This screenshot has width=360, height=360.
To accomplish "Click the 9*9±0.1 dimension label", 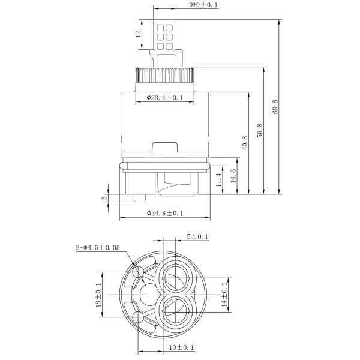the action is tap(203, 5).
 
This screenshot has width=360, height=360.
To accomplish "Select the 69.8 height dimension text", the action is tap(275, 107).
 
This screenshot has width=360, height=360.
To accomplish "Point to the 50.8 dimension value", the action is tap(260, 130).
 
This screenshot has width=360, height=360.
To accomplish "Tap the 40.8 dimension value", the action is tap(245, 143).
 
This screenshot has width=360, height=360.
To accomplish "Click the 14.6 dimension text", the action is tap(233, 176).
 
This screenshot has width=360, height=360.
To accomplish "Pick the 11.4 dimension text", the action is tap(219, 179).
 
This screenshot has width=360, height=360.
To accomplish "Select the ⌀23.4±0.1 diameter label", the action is tap(165, 98).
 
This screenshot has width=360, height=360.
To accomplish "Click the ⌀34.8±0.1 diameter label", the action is tap(165, 213).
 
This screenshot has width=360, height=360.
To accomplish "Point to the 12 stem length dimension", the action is tap(138, 34).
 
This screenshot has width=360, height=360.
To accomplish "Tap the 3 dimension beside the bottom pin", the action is tap(104, 197).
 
